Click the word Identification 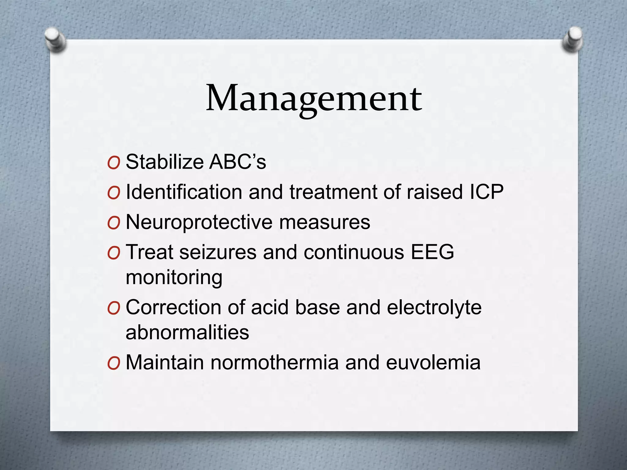tap(184, 192)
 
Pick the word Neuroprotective tap(199, 222)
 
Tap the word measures tap(325, 222)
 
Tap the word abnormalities tap(187, 332)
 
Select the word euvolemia tap(433, 362)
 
